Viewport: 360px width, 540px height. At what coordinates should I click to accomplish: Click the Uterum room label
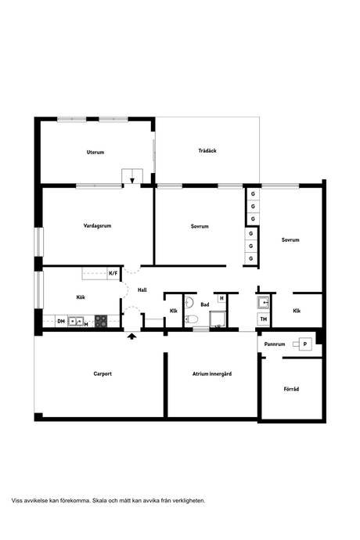(95, 152)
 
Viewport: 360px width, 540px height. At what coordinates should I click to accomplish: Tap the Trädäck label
(207, 150)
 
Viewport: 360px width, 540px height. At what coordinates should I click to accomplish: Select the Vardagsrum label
(97, 226)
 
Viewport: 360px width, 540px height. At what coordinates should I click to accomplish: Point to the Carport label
(103, 373)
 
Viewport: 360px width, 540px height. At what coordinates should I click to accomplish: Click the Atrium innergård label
(212, 373)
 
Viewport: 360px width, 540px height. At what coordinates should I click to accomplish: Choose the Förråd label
(291, 389)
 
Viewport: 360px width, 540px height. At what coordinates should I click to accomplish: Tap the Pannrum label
(275, 344)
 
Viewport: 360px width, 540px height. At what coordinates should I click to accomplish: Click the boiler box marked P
(305, 344)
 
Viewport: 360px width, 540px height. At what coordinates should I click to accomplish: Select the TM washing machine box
(264, 319)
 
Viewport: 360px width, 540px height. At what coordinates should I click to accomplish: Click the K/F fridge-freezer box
(113, 273)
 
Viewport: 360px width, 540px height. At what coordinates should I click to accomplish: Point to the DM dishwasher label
(61, 322)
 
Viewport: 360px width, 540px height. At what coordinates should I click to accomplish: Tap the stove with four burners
(101, 321)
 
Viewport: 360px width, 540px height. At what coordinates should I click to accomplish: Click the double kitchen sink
(75, 322)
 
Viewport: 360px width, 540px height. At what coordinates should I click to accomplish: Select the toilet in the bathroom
(191, 319)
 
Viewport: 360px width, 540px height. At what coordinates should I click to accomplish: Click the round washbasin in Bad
(189, 302)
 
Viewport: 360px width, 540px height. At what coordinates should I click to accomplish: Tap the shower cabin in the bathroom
(218, 319)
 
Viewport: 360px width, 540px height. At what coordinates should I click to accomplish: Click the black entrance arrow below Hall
(131, 336)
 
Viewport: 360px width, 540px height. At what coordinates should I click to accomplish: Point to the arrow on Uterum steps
(132, 180)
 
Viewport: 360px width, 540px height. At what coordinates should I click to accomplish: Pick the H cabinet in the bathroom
(221, 298)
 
